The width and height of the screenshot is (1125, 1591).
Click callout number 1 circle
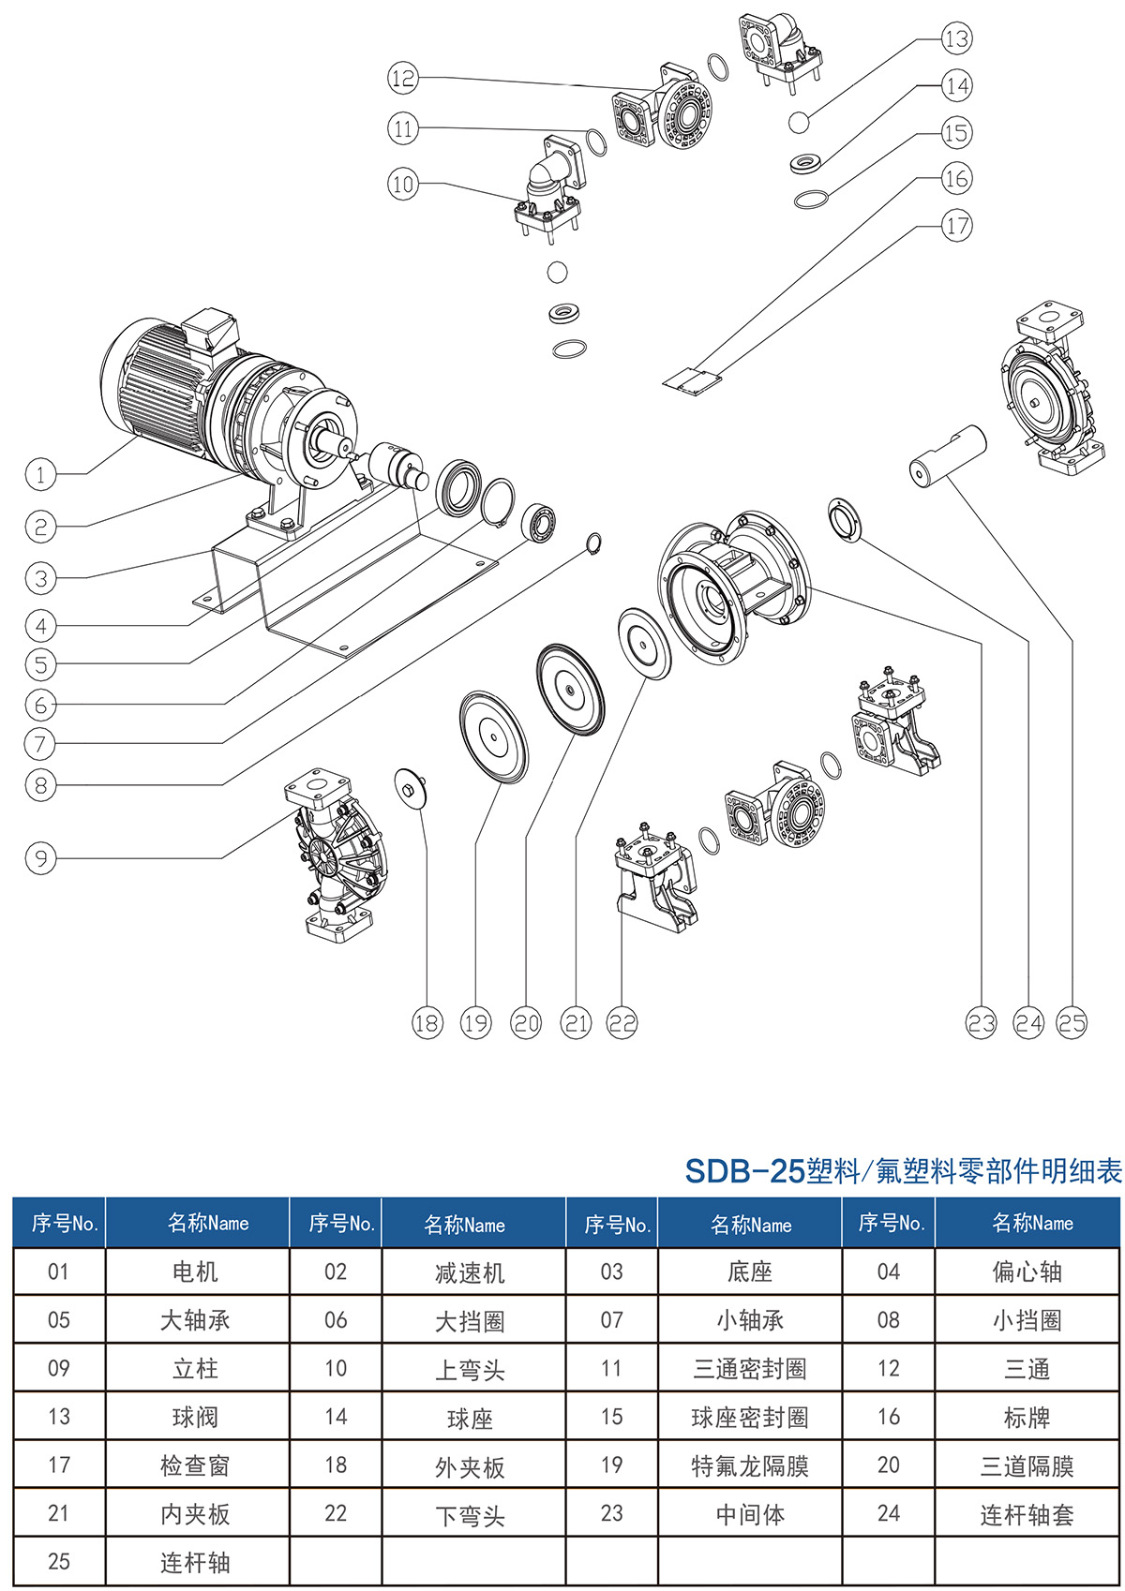tap(40, 474)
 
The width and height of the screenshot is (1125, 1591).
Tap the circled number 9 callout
tap(40, 858)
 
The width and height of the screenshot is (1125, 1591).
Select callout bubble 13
tap(956, 39)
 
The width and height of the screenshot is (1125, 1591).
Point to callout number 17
tap(956, 226)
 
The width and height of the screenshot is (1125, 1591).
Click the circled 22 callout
tap(622, 1023)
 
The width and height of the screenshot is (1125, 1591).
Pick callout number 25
tap(1072, 1023)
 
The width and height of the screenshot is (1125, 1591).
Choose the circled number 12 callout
tap(402, 78)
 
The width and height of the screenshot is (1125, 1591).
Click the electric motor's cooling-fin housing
tap(159, 384)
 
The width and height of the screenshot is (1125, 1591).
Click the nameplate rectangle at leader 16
tap(692, 379)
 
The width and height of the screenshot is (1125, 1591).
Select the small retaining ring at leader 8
tap(593, 543)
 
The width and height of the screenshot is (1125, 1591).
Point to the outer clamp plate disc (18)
tap(409, 788)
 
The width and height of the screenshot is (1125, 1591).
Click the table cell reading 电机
tap(195, 1271)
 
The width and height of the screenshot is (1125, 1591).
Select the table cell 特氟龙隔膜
tap(749, 1465)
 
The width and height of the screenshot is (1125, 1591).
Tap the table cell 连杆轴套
tap(1027, 1514)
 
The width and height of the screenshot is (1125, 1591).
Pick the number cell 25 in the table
tap(58, 1562)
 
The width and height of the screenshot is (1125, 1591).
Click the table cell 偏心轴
tap(1027, 1271)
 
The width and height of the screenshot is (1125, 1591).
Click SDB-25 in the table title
tap(744, 1171)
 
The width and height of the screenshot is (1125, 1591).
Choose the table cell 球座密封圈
tap(749, 1417)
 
